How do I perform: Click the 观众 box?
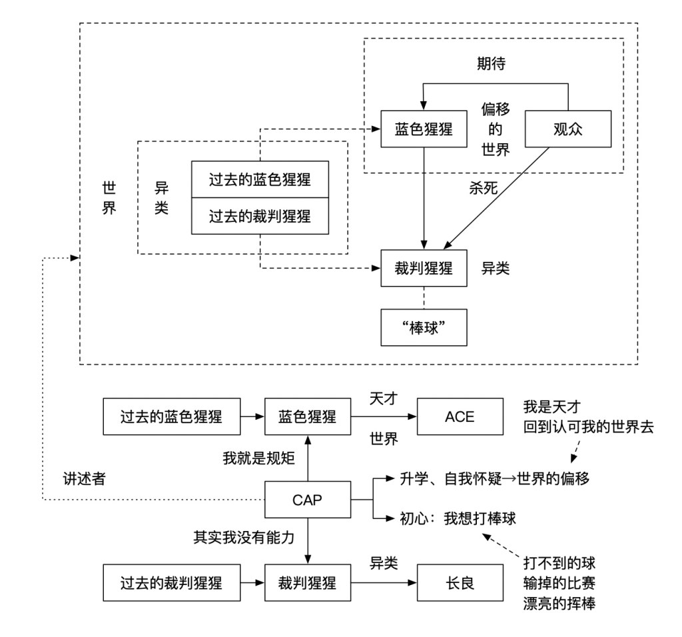pos(568,129)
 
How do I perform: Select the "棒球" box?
pos(424,326)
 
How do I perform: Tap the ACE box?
pos(460,417)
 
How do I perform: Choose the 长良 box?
pos(460,584)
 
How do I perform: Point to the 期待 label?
pos(494,63)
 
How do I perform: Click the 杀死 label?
pos(483,189)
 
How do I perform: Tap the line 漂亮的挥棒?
pos(559,603)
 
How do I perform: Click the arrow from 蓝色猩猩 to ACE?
pos(383,417)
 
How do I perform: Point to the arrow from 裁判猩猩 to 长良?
pos(383,584)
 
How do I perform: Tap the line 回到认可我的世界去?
pos(590,428)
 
